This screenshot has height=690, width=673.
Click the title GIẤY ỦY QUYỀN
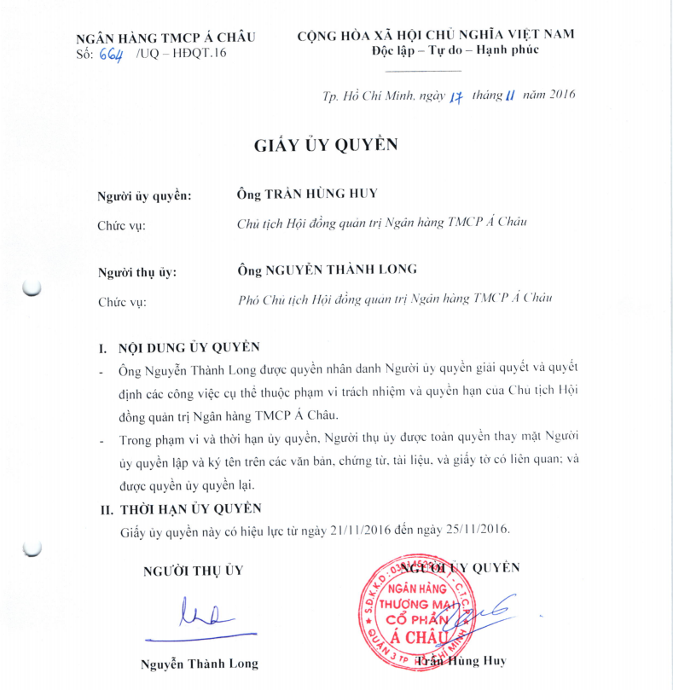coord(326,144)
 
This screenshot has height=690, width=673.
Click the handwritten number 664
coord(111,54)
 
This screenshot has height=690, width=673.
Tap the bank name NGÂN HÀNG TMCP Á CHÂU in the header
coord(165,38)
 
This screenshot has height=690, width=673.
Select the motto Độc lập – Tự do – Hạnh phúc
coord(455,49)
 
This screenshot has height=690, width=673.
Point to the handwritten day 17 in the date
coord(455,96)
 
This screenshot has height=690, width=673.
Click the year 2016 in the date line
coord(558,95)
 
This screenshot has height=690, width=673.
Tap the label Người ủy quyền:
coord(145,196)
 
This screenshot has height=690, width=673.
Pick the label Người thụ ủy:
coord(137,272)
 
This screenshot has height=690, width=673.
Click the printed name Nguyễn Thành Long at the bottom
coord(199,663)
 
